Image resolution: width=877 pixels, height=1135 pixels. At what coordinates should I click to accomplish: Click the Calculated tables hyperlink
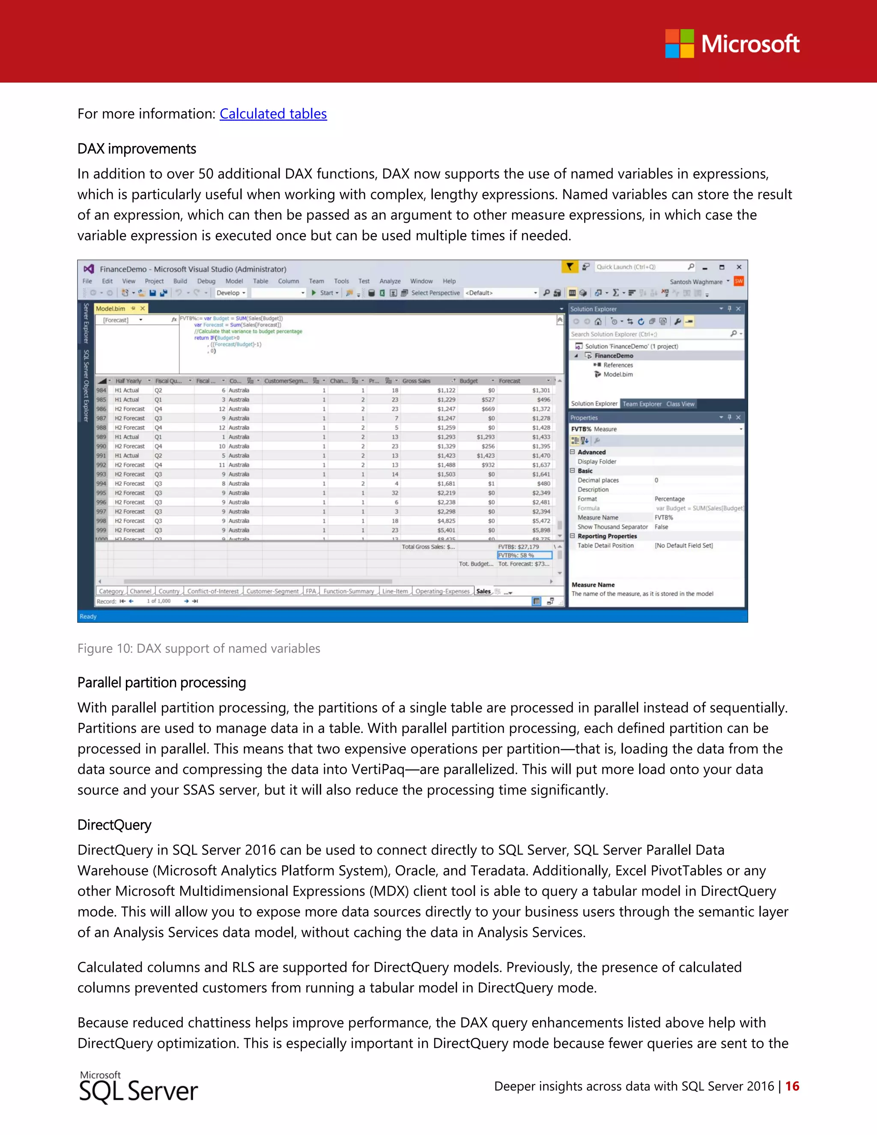tap(273, 114)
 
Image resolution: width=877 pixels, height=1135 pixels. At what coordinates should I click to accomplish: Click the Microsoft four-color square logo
tap(680, 44)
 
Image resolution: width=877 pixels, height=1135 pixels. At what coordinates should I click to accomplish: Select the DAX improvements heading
tap(137, 149)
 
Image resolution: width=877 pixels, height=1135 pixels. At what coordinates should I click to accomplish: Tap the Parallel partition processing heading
tap(161, 682)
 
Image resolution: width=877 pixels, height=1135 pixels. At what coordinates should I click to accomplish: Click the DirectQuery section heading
tap(114, 825)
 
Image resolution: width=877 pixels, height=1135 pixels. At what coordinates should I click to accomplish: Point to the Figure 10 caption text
tap(198, 648)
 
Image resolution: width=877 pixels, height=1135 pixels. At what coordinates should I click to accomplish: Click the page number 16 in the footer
tap(792, 1086)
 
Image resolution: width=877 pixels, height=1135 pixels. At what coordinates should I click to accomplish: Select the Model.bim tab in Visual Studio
tap(110, 309)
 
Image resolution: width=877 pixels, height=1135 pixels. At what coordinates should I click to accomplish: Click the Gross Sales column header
tap(417, 381)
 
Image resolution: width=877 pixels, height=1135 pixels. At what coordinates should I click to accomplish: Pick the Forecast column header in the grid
tap(510, 381)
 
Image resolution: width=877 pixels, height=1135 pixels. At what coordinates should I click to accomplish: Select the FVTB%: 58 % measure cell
tap(524, 556)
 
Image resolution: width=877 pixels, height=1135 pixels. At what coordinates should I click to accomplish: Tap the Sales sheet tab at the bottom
tap(483, 591)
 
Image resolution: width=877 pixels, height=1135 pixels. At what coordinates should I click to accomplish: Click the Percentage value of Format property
tap(670, 499)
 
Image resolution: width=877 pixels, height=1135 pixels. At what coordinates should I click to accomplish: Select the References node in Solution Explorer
tap(618, 365)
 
